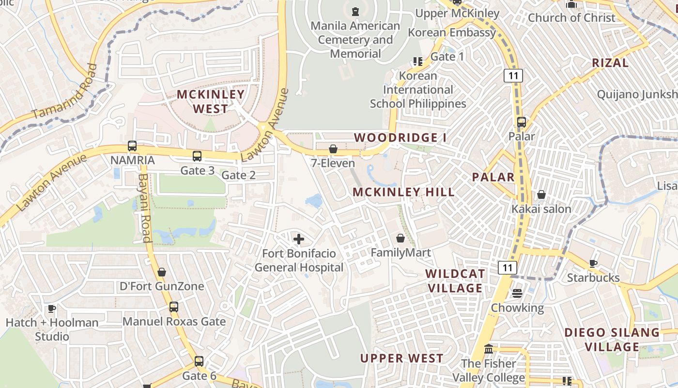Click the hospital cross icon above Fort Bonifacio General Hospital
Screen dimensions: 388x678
tap(299, 239)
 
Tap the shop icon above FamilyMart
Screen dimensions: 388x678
tap(401, 238)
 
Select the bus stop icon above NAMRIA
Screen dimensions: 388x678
tap(132, 145)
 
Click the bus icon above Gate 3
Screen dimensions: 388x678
tap(197, 156)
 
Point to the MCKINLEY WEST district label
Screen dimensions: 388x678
tap(211, 101)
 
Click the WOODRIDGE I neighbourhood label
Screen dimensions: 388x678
tap(401, 138)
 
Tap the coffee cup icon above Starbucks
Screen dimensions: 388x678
tap(593, 264)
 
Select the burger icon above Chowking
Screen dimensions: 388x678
tap(517, 293)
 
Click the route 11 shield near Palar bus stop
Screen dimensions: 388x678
tap(513, 75)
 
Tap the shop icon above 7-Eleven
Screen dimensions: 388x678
tap(333, 149)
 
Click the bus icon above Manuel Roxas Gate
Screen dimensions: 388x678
tap(173, 307)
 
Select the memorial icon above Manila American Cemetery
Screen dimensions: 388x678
tap(355, 11)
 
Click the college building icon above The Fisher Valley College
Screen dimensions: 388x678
tap(488, 349)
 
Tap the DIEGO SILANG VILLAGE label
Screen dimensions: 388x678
tap(612, 339)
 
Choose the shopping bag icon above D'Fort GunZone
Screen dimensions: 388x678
tap(162, 272)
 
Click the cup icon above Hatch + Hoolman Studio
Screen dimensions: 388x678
tap(52, 308)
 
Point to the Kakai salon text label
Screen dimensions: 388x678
tap(541, 209)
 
